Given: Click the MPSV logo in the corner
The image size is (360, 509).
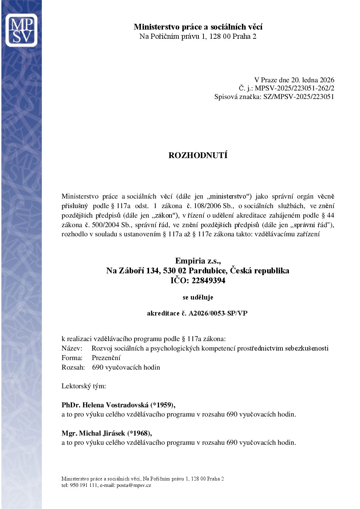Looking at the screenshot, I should click(21, 30).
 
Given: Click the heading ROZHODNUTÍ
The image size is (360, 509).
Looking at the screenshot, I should click(198, 155).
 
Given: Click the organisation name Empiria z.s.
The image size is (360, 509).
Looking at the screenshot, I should click(198, 261).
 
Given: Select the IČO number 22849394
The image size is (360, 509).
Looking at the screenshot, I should click(208, 281).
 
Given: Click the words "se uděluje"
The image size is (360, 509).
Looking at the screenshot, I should click(198, 297).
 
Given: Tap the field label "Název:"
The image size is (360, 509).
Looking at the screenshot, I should click(72, 348).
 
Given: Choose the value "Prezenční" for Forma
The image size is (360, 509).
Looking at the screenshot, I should click(106, 358).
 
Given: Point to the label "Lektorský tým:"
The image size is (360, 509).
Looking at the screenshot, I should click(84, 386).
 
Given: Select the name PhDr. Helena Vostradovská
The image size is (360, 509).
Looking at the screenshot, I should click(105, 405).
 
